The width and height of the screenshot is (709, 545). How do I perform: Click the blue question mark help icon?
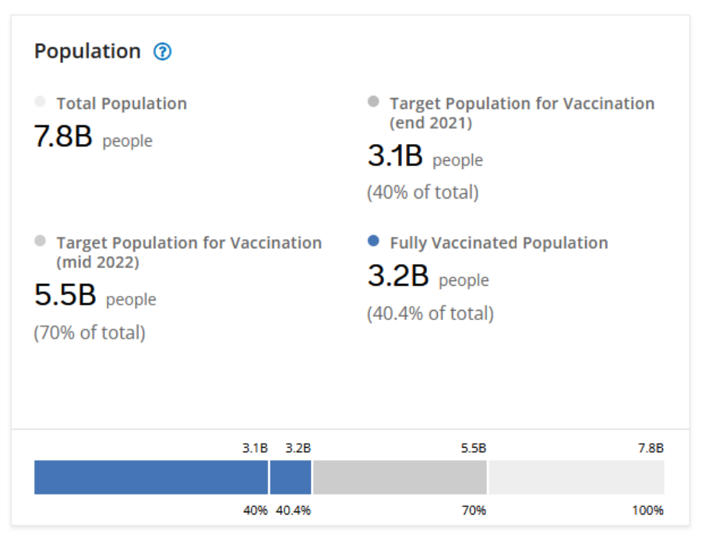[x=162, y=52]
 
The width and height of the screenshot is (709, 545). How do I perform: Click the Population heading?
[x=87, y=51]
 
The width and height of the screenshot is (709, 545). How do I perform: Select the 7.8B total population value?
[x=63, y=137]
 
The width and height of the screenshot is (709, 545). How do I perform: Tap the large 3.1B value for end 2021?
[x=395, y=156]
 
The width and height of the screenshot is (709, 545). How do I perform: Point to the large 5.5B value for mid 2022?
[x=65, y=296]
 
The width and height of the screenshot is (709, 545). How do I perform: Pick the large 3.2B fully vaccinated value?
[x=397, y=276]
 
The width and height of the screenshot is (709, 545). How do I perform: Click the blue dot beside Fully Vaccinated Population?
[x=373, y=241]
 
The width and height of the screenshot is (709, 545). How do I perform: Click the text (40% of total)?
[x=423, y=192]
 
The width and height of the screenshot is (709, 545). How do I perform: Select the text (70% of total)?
[x=90, y=333]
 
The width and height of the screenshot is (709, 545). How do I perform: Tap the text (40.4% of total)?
[x=430, y=314]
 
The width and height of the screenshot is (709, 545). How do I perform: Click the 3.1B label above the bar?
[x=255, y=448]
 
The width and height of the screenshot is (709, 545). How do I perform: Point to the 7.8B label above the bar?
[x=650, y=448]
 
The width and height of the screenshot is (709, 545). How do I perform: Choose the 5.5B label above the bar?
[x=473, y=448]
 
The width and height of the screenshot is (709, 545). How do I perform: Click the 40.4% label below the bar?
[x=294, y=511]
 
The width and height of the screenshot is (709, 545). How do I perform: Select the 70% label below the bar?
[x=474, y=511]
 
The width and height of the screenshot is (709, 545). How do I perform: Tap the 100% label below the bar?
[x=648, y=511]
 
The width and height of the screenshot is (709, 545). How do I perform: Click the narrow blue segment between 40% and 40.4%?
[x=291, y=477]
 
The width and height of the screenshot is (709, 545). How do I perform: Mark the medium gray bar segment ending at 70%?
[x=400, y=477]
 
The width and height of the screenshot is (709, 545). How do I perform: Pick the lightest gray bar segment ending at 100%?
[x=577, y=477]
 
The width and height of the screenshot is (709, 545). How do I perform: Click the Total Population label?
[x=122, y=104]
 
